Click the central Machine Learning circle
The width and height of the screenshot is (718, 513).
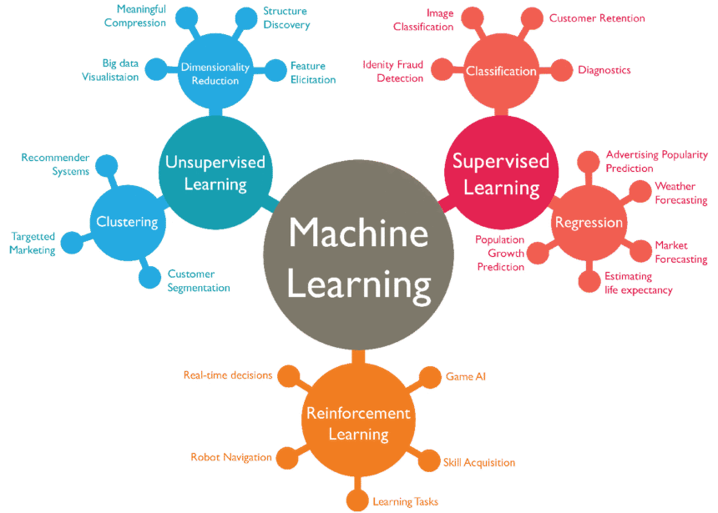359,259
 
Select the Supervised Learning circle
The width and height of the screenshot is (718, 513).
501,174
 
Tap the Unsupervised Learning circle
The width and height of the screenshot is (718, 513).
215,173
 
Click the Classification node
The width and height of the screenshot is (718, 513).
501,71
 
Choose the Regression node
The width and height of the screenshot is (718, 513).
589,223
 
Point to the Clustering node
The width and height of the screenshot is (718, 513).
127,222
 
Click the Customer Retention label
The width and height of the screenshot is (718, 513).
596,18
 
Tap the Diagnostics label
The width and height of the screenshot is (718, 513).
604,70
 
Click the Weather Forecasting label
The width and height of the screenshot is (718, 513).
680,193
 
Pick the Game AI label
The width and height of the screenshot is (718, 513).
465,377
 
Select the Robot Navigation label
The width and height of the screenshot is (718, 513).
230,457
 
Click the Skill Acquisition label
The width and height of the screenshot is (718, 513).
478,462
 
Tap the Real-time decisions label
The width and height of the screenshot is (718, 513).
228,375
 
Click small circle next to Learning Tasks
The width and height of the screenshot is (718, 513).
357,500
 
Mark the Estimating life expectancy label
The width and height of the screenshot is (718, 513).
639,283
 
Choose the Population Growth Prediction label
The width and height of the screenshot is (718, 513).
500,253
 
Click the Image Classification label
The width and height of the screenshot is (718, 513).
423,20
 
